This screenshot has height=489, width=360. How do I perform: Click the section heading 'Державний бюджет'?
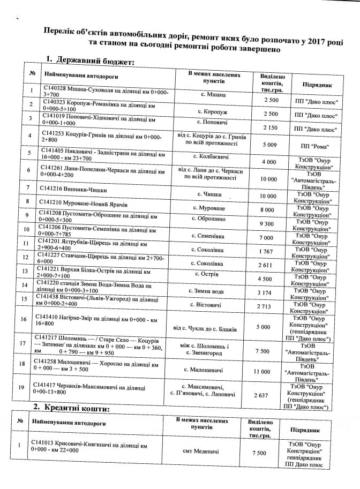tap(93, 61)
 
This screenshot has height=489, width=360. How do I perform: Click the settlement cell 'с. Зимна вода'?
tap(210, 291)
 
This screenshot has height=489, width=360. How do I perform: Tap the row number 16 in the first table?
tap(32, 320)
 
